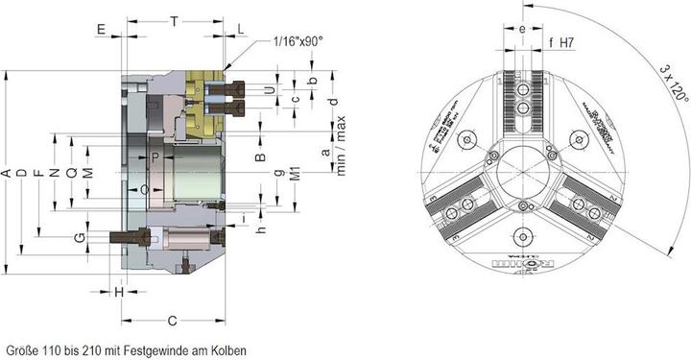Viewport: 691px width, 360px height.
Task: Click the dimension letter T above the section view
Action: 173,20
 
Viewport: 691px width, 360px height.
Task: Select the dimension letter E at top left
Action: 101,30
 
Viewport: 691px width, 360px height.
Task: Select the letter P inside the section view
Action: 155,156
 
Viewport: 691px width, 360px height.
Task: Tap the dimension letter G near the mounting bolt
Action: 81,236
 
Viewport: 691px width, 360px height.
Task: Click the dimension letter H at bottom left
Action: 119,291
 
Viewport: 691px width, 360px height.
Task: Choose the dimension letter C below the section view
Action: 173,320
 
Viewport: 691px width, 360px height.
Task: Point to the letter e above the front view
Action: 521,29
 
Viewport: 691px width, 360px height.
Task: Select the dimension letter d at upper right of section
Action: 333,102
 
